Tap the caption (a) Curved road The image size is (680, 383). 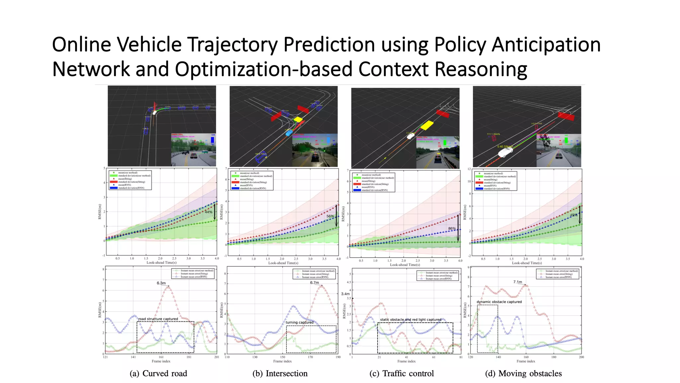click(x=158, y=373)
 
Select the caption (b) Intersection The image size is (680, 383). click(x=280, y=373)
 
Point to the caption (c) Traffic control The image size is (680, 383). click(x=401, y=373)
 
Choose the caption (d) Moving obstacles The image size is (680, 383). click(x=523, y=373)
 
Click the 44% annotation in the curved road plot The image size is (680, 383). click(x=209, y=212)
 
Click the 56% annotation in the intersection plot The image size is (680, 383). click(x=330, y=216)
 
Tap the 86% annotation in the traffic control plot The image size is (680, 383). click(x=452, y=228)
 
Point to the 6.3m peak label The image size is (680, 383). click(x=161, y=283)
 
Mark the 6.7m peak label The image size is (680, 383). click(x=314, y=283)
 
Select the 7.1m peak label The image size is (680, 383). click(x=518, y=282)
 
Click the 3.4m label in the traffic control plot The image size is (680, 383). click(x=345, y=294)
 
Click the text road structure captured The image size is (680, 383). click(x=158, y=319)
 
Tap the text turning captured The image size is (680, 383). click(x=299, y=322)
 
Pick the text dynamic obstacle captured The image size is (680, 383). click(x=499, y=302)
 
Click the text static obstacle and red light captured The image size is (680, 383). click(x=411, y=319)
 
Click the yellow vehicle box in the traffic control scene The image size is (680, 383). click(x=427, y=125)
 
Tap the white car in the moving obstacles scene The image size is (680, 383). click(x=505, y=152)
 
